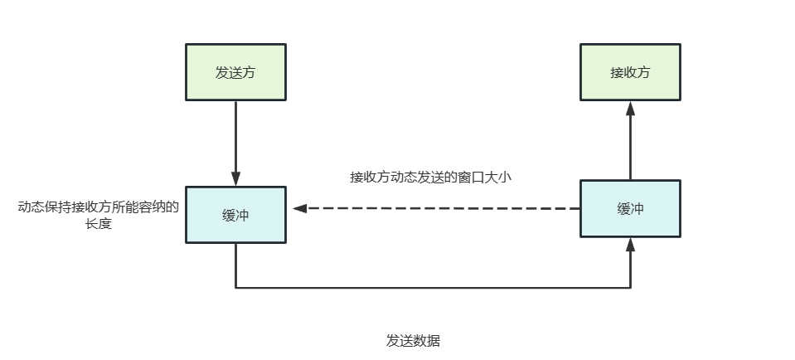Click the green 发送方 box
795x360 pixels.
[235, 72]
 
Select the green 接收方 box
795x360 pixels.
[630, 72]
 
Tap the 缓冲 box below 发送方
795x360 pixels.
[235, 214]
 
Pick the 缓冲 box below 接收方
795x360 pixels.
[630, 209]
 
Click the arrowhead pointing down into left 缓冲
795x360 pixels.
[235, 178]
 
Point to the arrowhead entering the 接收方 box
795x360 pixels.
[630, 109]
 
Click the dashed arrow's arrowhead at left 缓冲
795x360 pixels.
[300, 209]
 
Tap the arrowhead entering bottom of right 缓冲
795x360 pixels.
[630, 245]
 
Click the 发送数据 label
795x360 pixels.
[413, 341]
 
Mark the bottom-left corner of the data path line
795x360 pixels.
[235, 288]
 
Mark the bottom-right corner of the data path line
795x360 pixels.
[630, 288]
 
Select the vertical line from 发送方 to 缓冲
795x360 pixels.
[235, 137]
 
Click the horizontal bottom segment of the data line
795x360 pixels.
[431, 288]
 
